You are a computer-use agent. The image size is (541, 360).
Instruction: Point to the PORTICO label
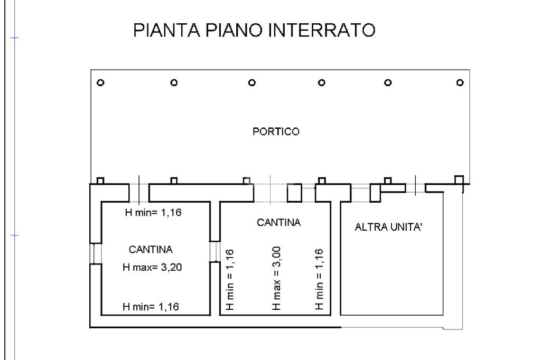click(x=276, y=132)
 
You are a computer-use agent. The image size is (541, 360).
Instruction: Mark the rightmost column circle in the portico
click(x=460, y=82)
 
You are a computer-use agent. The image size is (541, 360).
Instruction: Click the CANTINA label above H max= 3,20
click(x=151, y=249)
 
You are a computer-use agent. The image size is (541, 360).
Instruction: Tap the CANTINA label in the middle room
click(x=278, y=223)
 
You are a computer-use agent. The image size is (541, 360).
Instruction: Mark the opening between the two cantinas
click(x=214, y=251)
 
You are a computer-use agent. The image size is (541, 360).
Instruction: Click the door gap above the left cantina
click(x=138, y=193)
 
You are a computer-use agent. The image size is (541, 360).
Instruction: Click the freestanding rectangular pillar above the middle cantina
click(x=294, y=193)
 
